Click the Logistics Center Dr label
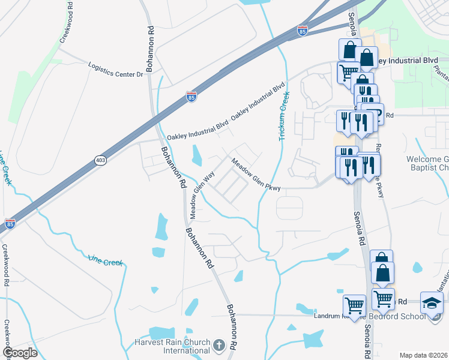pos(116,70)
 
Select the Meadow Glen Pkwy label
pos(256,173)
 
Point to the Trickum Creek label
pos(283,116)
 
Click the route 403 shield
pos(100,160)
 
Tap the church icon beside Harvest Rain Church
pos(219,345)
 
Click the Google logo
pos(19,353)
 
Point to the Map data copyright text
pos(423,355)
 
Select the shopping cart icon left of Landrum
pos(354,305)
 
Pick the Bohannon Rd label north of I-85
pos(151,49)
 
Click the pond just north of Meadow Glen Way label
pos(196,156)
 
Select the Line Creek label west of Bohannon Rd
pos(105,262)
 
